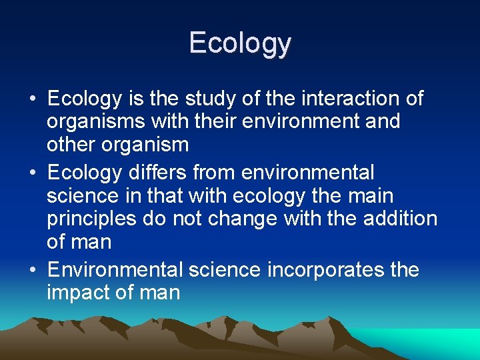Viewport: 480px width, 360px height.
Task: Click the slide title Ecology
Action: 240,43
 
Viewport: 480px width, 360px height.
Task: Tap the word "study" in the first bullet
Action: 204,99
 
